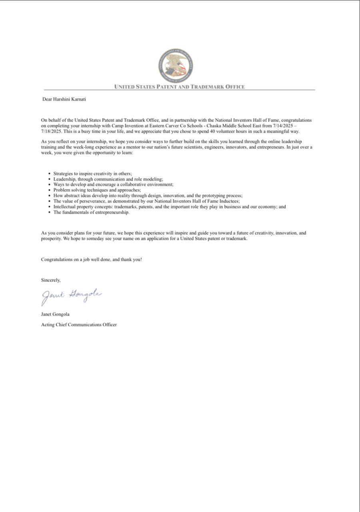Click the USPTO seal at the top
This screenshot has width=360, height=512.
tap(176, 66)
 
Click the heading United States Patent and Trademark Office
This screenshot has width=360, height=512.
tap(179, 86)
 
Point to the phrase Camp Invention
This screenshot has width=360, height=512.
tap(127, 126)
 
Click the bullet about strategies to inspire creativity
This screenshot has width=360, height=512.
tap(93, 174)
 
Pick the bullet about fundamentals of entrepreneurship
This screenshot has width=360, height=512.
tap(92, 212)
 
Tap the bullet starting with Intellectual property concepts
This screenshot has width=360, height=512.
tap(170, 207)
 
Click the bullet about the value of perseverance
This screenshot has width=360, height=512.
tap(146, 201)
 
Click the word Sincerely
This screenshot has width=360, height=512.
tap(51, 280)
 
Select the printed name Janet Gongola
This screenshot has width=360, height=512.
tap(55, 314)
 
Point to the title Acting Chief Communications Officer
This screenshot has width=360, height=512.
tap(79, 324)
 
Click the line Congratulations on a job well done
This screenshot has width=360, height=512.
tap(91, 259)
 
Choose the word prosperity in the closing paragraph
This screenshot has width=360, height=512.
tap(52, 238)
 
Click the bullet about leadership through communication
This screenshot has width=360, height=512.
tap(108, 179)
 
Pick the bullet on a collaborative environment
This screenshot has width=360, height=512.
tap(113, 185)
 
